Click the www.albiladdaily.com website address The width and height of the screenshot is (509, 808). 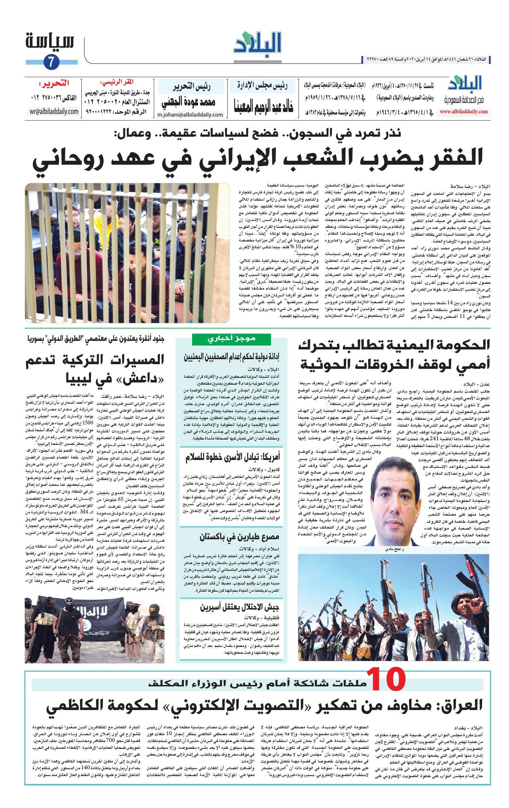(464, 112)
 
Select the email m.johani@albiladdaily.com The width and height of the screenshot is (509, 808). (190, 115)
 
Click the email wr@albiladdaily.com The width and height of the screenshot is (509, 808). (54, 111)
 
